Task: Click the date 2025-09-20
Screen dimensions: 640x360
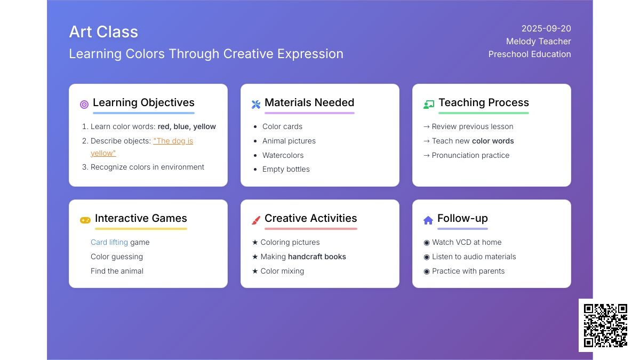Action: [546, 29]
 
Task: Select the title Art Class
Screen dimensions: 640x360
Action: [103, 31]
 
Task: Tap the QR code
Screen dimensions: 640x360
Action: [605, 325]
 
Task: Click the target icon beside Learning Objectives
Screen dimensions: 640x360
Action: [84, 105]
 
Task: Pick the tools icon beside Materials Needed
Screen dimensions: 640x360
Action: [256, 105]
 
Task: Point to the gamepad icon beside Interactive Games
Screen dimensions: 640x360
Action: [85, 220]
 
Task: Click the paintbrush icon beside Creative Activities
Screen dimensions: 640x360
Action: [256, 220]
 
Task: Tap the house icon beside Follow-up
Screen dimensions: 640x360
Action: [428, 220]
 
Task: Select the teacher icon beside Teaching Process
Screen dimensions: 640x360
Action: [429, 105]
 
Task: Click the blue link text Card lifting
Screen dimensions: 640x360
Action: [109, 242]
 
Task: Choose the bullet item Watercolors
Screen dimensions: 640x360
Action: [283, 155]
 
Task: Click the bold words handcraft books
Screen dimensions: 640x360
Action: [317, 257]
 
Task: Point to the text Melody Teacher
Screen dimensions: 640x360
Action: [539, 42]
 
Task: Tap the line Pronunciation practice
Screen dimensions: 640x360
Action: [470, 155]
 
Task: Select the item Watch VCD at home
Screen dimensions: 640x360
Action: [467, 242]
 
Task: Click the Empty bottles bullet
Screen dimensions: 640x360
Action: [286, 169]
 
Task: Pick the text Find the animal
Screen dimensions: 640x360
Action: [117, 271]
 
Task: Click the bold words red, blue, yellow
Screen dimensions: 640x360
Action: [187, 126]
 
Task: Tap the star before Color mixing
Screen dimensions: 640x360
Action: [255, 271]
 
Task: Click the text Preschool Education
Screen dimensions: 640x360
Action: [530, 54]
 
